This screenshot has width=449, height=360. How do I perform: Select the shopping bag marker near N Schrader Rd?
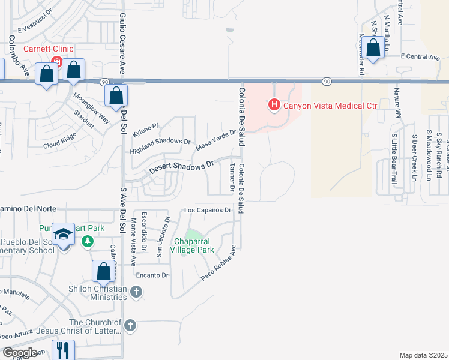373,48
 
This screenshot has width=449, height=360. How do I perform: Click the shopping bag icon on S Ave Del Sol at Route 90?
116,95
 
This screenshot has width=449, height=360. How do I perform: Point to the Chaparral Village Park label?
194,245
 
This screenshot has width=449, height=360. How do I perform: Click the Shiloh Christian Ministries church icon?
136,292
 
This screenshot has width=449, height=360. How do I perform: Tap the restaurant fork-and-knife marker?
63,350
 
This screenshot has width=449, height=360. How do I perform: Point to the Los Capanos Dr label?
208,210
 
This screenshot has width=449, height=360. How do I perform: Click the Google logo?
20,353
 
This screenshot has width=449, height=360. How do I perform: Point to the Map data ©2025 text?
423,355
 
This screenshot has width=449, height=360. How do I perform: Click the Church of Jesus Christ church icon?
130,326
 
